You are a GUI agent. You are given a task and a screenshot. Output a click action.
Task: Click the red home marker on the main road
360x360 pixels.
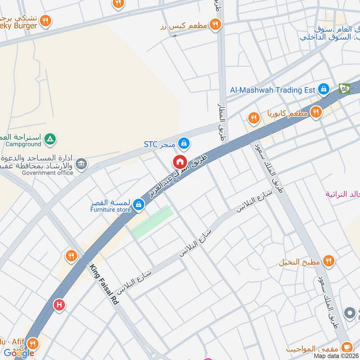point(180,162)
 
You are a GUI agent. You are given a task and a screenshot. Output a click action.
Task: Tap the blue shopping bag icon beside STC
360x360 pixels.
point(183,144)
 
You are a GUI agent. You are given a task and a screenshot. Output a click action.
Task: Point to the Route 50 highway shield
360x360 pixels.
point(345,89)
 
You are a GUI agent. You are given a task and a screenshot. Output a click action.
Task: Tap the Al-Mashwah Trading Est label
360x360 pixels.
point(272,90)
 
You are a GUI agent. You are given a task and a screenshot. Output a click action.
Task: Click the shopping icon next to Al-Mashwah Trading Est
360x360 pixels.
point(323,90)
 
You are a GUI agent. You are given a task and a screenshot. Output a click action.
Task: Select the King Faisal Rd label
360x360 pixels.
point(103,285)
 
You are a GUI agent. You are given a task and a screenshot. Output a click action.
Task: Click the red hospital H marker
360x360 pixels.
point(59,305)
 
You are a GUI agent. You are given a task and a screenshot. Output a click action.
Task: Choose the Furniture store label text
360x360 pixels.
point(110,210)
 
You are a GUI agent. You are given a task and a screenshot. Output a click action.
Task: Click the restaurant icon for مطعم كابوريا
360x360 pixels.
point(316,112)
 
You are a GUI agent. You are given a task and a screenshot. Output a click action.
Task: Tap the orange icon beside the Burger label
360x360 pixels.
point(45,21)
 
